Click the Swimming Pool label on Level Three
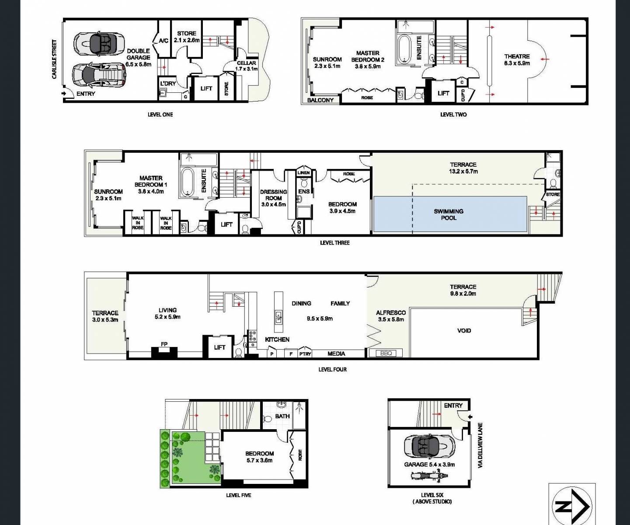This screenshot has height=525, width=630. (449, 214)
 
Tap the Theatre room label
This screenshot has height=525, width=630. (517, 59)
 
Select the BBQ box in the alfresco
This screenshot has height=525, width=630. (386, 353)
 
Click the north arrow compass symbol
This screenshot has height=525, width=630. (572, 506)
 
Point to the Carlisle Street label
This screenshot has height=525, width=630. (54, 59)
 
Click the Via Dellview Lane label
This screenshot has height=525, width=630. (480, 445)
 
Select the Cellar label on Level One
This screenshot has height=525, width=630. (246, 66)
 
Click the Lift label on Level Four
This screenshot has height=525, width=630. (219, 347)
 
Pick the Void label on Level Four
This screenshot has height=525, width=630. (464, 330)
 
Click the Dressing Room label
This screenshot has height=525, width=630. (273, 198)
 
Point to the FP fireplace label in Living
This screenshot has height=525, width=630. (164, 344)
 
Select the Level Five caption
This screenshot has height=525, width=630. (239, 495)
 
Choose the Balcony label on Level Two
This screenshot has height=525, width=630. (320, 100)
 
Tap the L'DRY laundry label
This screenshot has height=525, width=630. (167, 84)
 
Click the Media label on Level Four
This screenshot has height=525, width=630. (336, 353)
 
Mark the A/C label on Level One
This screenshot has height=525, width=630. (164, 41)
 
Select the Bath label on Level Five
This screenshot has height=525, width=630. (282, 416)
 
